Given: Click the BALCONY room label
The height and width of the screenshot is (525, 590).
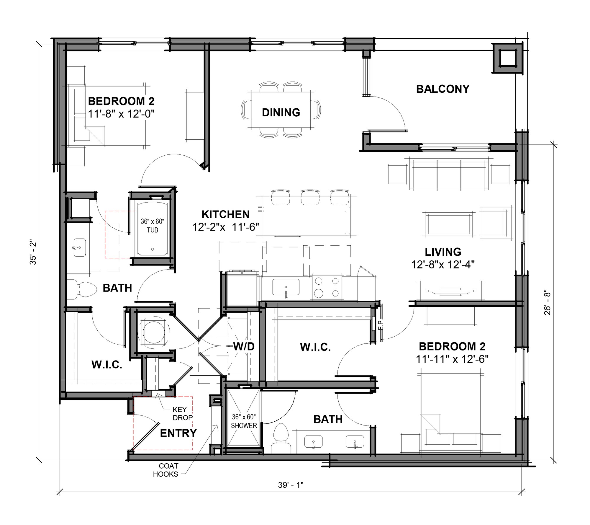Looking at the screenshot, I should [442, 89].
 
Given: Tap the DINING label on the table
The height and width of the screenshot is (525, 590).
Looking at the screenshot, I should [281, 112].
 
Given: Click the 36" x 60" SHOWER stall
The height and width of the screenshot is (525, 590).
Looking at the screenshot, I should [244, 421].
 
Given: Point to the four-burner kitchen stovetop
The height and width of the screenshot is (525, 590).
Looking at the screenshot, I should [327, 287].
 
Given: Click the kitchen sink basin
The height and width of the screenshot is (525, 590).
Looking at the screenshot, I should [286, 287].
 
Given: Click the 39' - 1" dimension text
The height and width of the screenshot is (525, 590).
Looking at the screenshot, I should [291, 485].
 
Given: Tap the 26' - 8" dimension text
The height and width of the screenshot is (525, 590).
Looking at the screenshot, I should [548, 303].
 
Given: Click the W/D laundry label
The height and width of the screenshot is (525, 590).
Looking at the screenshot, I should [244, 346].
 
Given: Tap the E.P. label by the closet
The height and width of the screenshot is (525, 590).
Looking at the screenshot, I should [380, 324].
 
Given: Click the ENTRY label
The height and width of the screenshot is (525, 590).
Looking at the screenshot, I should [178, 433].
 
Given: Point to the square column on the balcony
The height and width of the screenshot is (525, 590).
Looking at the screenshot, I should [507, 58].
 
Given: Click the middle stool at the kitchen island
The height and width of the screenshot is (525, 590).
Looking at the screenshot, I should [310, 197].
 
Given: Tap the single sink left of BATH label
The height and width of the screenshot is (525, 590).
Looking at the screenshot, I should [79, 247].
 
